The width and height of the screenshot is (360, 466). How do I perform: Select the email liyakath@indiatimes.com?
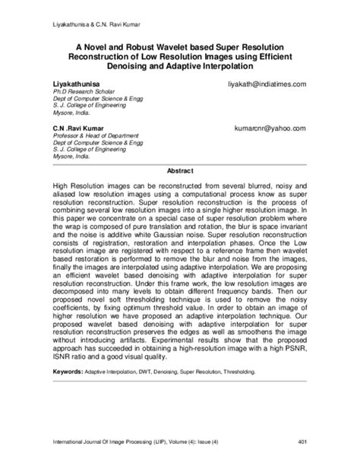261,81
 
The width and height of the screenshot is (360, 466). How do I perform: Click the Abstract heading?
180,170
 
